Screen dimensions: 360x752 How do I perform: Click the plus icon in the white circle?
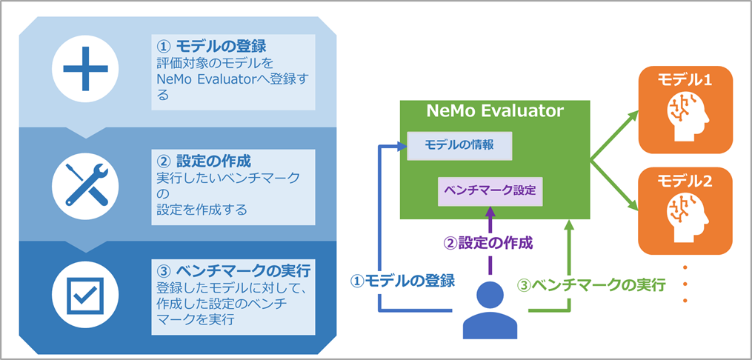pyautogui.click(x=85, y=70)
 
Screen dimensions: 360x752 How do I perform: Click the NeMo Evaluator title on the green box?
pyautogui.click(x=495, y=111)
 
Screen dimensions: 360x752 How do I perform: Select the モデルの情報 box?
pyautogui.click(x=460, y=144)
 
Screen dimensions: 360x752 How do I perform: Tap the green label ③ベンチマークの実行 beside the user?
pyautogui.click(x=590, y=284)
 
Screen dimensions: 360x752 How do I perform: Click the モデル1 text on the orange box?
pyautogui.click(x=685, y=79)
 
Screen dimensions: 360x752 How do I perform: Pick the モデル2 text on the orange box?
pyautogui.click(x=685, y=180)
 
